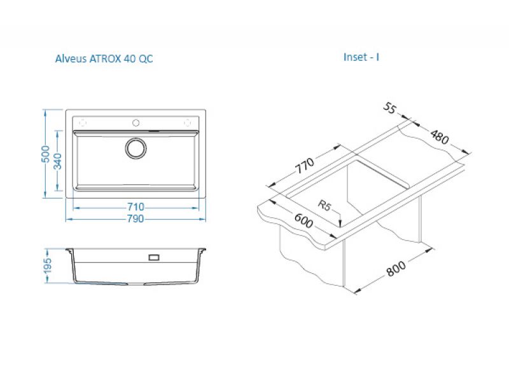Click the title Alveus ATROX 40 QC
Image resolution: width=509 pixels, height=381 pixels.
click(104, 58)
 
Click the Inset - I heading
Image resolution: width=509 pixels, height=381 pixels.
click(361, 57)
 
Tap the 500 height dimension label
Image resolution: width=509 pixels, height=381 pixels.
click(46, 154)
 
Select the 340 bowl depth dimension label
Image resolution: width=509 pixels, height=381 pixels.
click(58, 161)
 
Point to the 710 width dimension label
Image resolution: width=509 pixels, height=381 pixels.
click(136, 207)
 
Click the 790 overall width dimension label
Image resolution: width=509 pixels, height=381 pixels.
click(135, 219)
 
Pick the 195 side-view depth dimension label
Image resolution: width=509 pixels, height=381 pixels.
click(48, 265)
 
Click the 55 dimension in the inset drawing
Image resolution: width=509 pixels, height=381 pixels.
click(389, 108)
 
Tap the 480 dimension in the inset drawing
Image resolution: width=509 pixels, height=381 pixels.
click(439, 137)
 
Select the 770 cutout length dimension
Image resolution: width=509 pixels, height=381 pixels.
click(305, 166)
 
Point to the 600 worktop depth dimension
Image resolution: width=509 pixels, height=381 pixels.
click(304, 220)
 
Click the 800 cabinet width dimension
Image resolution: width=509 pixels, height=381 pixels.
click(396, 269)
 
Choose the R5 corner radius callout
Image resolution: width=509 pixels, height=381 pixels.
click(324, 205)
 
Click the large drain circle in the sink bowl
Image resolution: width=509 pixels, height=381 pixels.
click(136, 149)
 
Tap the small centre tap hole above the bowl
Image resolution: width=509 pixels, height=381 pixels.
click(136, 123)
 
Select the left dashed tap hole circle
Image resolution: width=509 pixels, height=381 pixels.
click(83, 123)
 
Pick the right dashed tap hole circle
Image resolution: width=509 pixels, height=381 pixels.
click(187, 123)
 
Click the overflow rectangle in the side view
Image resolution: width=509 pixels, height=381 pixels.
click(153, 258)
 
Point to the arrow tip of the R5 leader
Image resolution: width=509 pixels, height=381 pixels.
click(340, 227)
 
